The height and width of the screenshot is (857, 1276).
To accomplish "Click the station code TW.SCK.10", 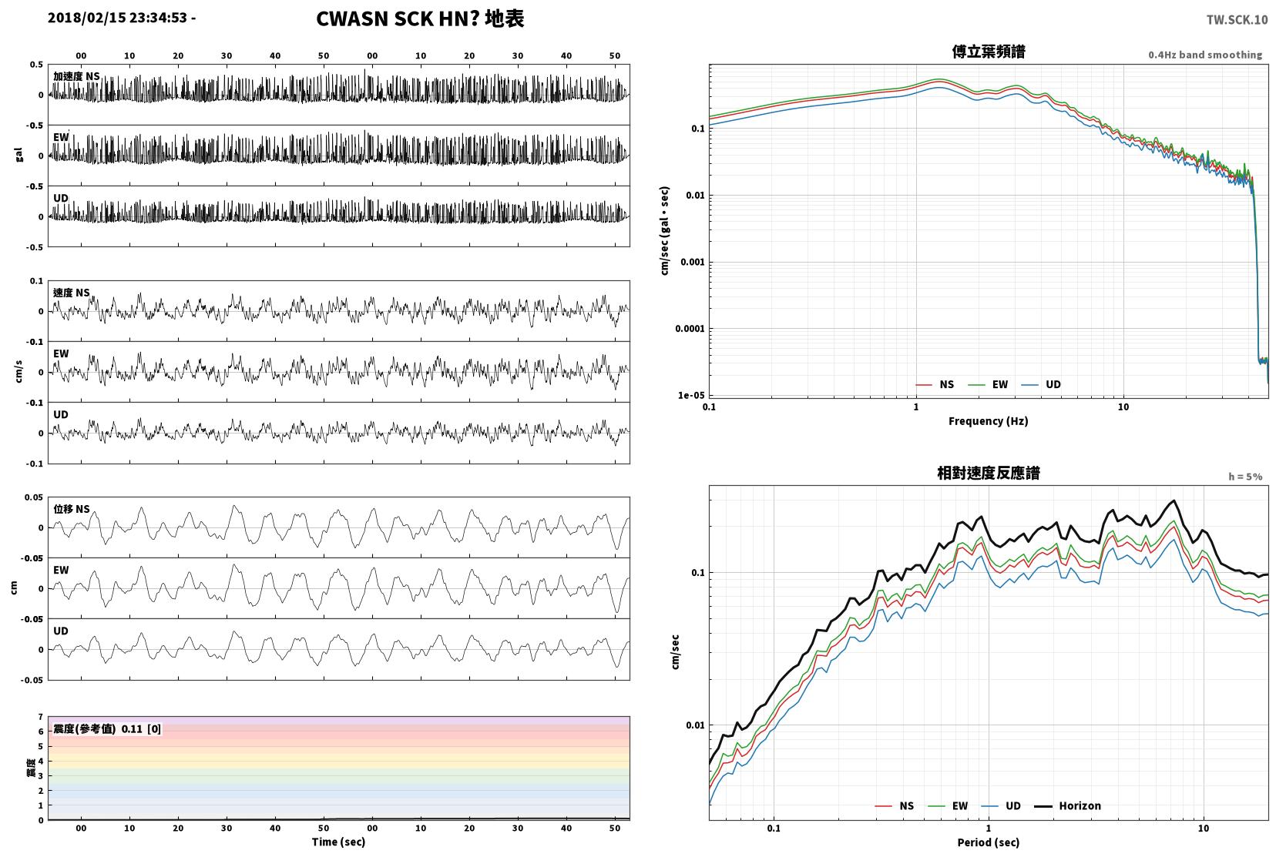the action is (x=1237, y=20).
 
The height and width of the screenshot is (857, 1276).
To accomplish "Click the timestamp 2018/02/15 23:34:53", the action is (x=117, y=18).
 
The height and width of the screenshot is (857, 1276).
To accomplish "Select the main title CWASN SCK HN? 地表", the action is (x=420, y=18).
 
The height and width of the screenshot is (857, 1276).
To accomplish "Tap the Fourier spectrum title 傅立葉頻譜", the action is (x=989, y=52).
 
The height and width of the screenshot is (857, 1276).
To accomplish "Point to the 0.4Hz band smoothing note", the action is (x=1205, y=55).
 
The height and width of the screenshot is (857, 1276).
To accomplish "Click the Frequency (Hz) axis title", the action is (x=989, y=421).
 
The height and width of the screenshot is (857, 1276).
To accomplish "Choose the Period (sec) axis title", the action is (x=989, y=842).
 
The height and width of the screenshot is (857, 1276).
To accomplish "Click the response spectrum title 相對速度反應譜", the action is (x=989, y=473).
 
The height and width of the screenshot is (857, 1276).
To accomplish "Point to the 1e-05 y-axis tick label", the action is (x=690, y=396).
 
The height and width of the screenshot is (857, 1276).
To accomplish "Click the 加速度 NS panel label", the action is (x=76, y=76).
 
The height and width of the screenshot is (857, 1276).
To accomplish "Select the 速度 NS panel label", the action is (x=71, y=293).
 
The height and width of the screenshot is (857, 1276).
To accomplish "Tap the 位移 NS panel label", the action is (x=71, y=509).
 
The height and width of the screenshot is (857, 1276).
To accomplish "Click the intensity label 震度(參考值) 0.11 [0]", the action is (x=107, y=729).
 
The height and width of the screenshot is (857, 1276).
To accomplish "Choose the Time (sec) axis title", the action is (x=338, y=842).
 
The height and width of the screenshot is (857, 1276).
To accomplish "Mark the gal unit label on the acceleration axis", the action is (x=18, y=155).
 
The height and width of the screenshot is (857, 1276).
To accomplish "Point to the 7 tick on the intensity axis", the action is (x=40, y=717).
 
